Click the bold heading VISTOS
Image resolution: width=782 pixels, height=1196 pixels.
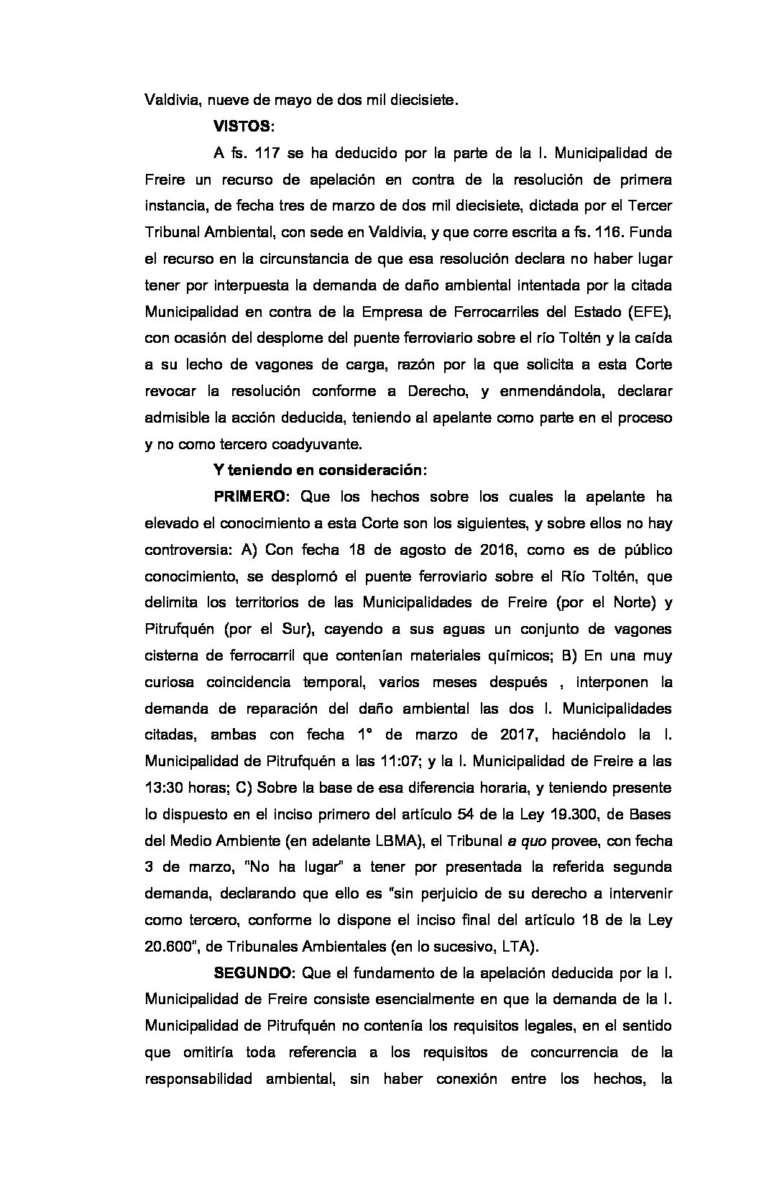(x=242, y=126)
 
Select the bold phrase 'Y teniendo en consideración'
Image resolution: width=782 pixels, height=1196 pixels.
(x=319, y=471)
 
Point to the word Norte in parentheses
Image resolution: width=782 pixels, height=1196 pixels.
(x=622, y=602)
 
